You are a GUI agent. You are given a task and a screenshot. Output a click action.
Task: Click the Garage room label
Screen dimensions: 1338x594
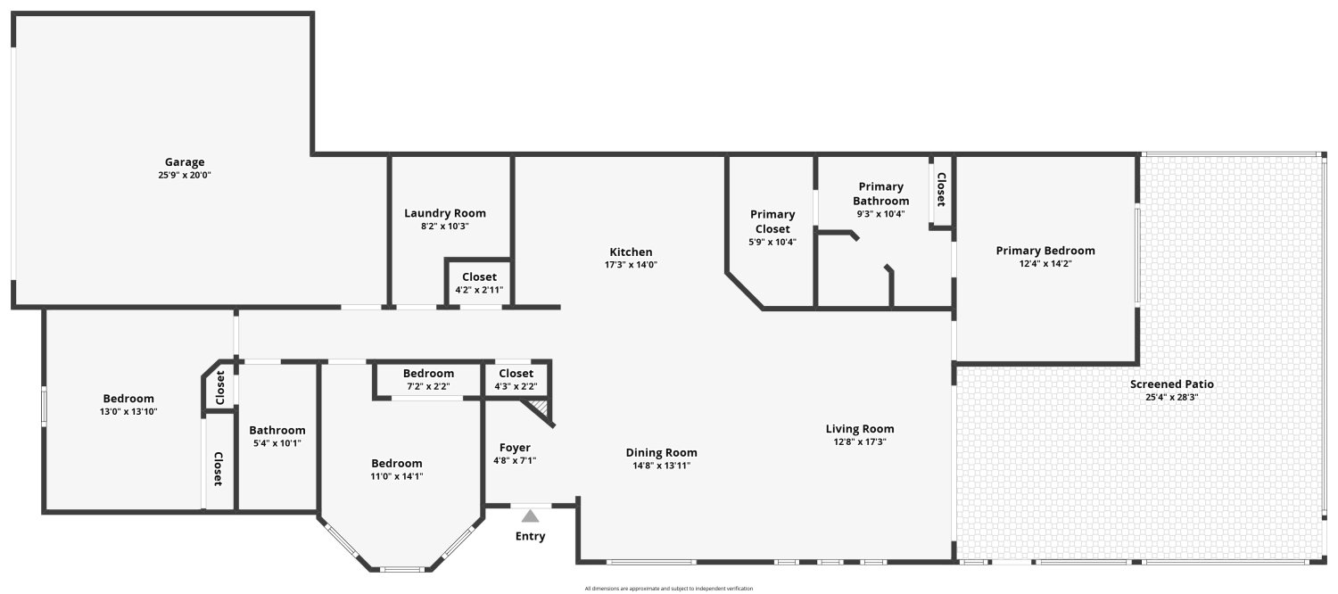185,161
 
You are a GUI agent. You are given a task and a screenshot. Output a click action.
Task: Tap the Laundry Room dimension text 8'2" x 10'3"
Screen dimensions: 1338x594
445,227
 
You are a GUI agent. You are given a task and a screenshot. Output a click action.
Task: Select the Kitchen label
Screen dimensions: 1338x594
631,252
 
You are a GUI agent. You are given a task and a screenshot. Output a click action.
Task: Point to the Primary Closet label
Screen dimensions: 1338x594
772,221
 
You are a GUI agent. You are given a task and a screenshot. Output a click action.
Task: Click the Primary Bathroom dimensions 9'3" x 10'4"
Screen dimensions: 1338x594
880,214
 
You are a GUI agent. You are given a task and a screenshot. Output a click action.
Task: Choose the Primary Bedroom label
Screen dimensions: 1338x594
1045,251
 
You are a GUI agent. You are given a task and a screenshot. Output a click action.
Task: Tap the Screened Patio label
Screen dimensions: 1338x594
1171,384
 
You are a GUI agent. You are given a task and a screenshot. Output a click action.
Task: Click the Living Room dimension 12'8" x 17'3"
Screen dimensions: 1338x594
860,441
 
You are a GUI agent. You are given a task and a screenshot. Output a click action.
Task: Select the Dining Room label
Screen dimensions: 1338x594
661,452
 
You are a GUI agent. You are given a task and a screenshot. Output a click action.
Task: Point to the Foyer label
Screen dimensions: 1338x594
515,448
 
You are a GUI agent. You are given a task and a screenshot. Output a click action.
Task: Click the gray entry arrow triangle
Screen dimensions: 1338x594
530,516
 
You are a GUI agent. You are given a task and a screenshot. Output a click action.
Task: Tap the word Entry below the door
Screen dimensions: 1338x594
531,536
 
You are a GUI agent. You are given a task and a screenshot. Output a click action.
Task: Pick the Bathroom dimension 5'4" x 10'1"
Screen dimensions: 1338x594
277,443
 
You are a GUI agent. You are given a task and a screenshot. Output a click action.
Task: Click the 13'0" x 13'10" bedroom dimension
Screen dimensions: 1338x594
128,411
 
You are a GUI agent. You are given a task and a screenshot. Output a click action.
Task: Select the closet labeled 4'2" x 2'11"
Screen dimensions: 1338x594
479,283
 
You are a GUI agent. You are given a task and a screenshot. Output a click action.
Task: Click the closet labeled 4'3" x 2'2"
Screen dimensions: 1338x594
516,380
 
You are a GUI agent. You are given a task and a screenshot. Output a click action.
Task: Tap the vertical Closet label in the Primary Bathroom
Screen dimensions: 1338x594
941,189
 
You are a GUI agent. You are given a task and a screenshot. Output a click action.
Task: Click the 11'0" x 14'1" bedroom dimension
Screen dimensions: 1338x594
397,476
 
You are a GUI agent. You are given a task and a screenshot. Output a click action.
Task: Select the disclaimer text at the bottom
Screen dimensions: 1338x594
668,589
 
